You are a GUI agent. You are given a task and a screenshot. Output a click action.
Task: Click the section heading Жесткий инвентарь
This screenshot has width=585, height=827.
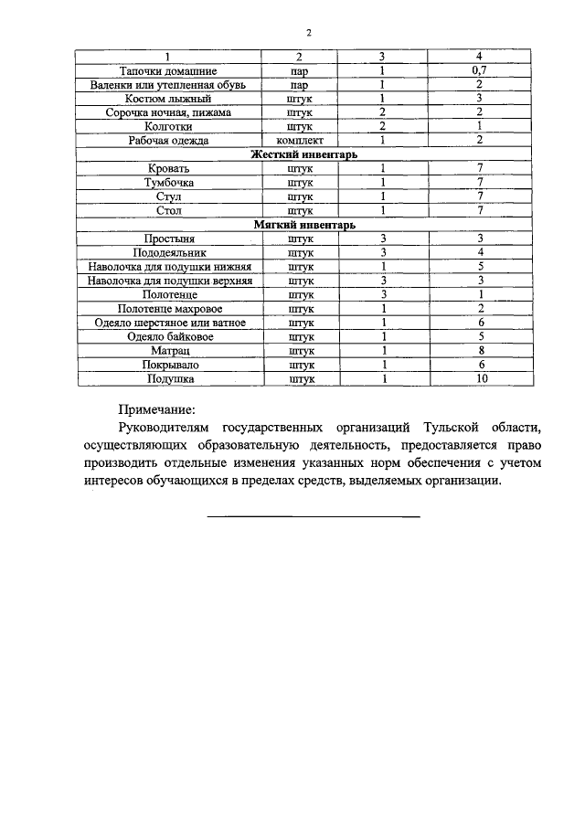click(303, 154)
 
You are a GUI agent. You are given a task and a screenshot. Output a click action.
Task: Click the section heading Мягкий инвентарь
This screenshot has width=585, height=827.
click(303, 225)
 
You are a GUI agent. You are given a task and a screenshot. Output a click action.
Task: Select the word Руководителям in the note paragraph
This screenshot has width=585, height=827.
click(166, 428)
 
